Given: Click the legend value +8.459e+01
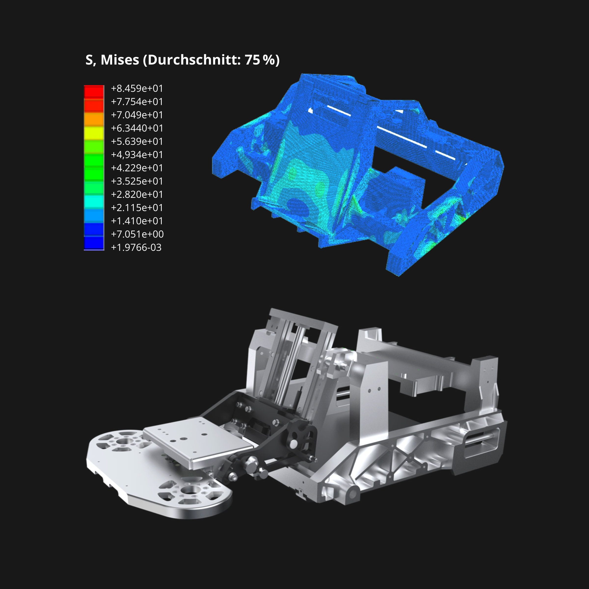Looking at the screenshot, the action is pos(137,88).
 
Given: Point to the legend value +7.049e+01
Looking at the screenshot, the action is pos(137,115).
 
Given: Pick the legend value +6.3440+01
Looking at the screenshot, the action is pos(137,128).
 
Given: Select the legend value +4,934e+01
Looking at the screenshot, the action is pos(137,155).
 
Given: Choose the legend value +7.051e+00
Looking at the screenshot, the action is pos(137,234).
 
